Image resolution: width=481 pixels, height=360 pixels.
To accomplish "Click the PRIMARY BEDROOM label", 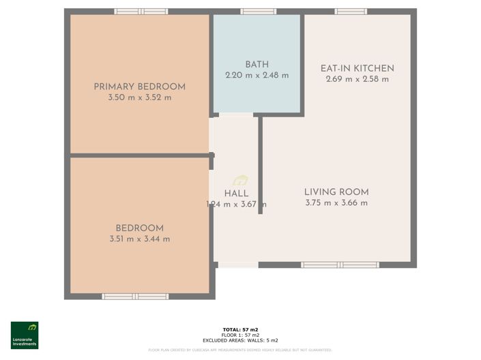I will tap(139, 87).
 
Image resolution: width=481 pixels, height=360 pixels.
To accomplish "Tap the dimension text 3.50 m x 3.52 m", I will tap(139, 97).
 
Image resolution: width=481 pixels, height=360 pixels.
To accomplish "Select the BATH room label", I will tap(257, 65).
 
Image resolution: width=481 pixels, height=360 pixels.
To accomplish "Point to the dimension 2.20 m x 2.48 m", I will tap(257, 76).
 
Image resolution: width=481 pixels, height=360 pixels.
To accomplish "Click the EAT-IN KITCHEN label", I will tap(357, 68).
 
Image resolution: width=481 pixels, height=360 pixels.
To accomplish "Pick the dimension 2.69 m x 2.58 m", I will tap(357, 79).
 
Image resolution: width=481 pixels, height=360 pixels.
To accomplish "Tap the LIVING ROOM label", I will tap(336, 192).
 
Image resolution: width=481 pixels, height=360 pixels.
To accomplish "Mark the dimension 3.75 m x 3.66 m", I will tap(336, 202).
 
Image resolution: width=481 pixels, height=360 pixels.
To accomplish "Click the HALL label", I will tap(236, 194).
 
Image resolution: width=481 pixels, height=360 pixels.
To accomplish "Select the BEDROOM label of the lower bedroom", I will tap(139, 228).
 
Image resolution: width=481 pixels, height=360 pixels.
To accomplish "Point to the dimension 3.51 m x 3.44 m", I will tap(139, 239).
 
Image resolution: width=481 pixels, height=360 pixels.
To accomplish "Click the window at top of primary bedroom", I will tap(141, 12).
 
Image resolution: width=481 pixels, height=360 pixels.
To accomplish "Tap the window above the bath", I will tap(259, 12).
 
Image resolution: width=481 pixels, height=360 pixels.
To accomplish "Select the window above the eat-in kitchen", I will tap(351, 12).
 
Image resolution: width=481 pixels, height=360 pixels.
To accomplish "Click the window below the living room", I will tap(340, 265).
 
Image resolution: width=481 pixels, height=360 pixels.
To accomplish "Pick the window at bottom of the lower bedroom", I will tap(135, 297).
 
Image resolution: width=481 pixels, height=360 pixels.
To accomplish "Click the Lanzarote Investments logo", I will tap(25, 335).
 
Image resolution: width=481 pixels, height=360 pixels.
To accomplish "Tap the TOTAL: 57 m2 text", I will tap(240, 330).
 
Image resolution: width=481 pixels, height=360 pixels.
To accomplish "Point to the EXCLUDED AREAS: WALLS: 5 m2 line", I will tap(240, 340).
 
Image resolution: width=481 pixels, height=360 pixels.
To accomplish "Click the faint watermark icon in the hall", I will tap(240, 181).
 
